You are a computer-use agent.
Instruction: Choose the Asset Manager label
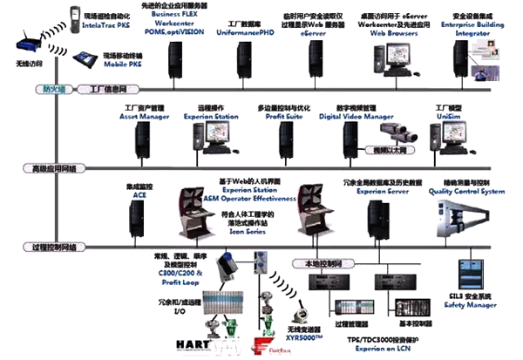tap(139, 113)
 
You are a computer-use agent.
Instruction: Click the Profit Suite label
tap(282, 113)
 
